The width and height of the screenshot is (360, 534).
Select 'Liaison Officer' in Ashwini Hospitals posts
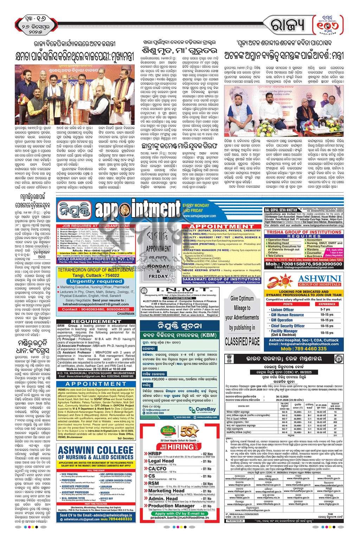click(x=283, y=310)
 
